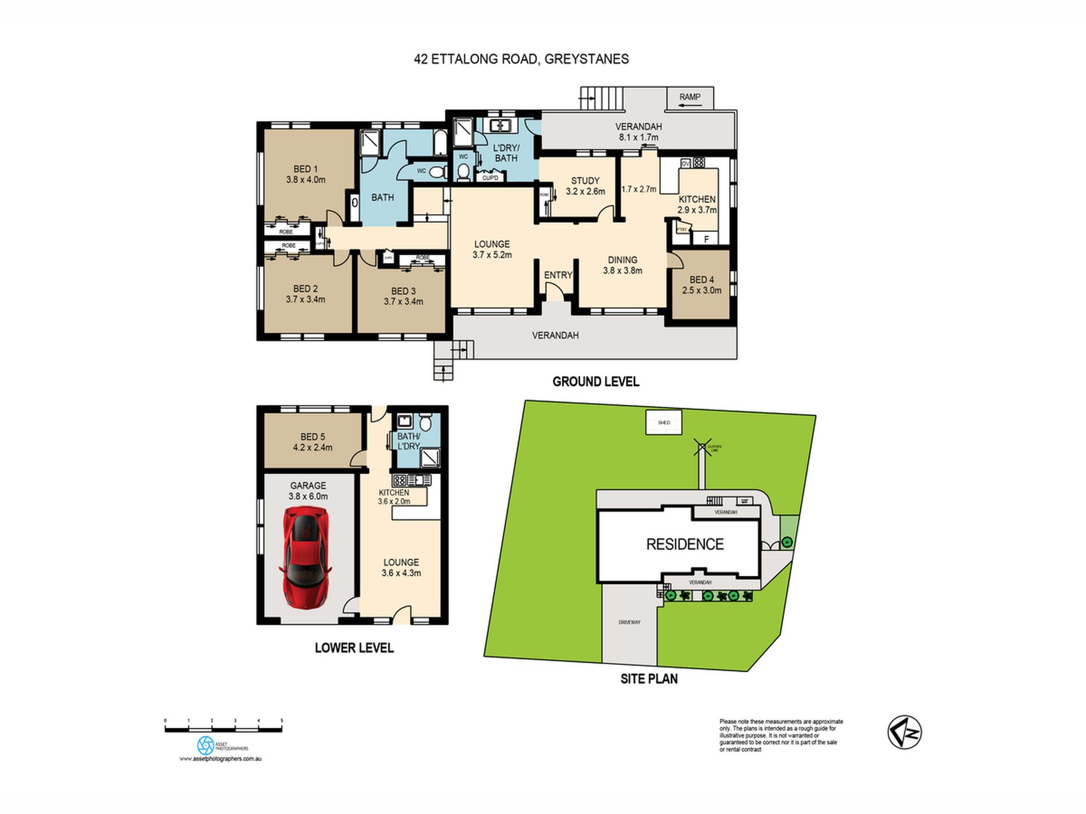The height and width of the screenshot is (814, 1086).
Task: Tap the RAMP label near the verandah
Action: click(689, 97)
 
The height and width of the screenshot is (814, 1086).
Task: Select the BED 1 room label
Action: click(305, 169)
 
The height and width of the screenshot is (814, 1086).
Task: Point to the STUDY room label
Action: click(585, 181)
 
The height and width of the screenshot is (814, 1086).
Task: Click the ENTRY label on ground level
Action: click(558, 275)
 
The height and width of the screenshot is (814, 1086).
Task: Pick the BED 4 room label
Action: click(701, 280)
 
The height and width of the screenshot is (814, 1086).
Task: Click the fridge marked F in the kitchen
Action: click(706, 239)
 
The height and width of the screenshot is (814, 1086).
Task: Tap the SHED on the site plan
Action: click(664, 423)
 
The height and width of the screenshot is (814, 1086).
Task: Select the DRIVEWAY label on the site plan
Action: click(629, 622)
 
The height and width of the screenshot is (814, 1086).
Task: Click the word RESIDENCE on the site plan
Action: click(685, 544)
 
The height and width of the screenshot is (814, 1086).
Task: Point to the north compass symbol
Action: click(904, 732)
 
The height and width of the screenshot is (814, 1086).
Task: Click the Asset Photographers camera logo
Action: click(205, 745)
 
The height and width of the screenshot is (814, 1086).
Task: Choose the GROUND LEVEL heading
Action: click(596, 382)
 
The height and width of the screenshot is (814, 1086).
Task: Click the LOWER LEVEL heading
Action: click(354, 648)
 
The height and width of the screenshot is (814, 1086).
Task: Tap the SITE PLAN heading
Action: click(649, 679)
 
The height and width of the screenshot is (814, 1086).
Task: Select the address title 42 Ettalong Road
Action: click(521, 59)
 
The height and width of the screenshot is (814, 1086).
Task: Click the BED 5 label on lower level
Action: click(312, 437)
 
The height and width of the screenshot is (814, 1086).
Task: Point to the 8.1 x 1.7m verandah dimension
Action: click(638, 138)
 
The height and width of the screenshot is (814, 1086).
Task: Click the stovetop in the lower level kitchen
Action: click(400, 480)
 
